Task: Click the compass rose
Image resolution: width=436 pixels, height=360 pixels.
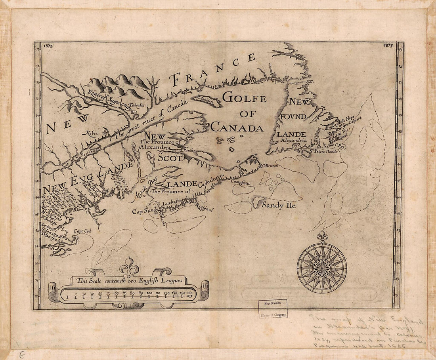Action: pos(322,268)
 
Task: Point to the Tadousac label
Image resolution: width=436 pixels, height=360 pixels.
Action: pos(138,107)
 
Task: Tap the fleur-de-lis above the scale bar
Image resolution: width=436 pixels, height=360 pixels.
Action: pos(129,266)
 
